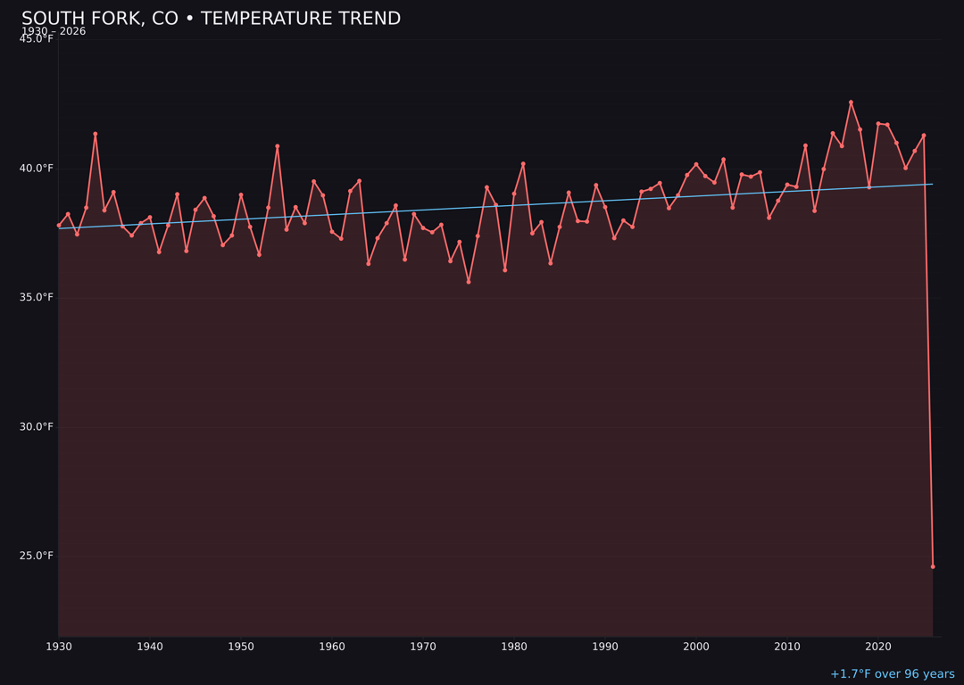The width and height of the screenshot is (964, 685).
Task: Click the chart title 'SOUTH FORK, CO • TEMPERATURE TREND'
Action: tap(211, 19)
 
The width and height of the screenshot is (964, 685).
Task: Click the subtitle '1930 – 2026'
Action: tap(54, 31)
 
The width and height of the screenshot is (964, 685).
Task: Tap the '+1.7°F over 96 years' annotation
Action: tap(892, 674)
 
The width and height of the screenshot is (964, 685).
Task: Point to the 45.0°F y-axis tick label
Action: tap(37, 39)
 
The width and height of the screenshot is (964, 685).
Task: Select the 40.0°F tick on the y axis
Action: tap(37, 169)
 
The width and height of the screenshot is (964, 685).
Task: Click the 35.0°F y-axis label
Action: tap(37, 297)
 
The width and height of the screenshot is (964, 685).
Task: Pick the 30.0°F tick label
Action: tap(37, 426)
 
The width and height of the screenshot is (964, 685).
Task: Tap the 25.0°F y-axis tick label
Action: tap(37, 556)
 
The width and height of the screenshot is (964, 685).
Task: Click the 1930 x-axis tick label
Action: tap(59, 647)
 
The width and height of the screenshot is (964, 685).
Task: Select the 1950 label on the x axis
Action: tap(241, 647)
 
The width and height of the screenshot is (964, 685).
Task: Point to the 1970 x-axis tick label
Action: tap(423, 647)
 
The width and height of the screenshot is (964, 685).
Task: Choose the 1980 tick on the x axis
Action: tap(514, 647)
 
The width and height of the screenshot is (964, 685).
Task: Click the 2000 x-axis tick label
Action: tap(696, 647)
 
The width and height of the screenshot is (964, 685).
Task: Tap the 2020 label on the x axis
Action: tap(878, 647)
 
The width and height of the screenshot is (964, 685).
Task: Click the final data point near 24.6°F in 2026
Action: tap(933, 566)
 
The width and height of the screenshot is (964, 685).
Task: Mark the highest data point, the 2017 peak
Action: tap(851, 103)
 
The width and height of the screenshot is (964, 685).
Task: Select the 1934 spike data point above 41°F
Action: tap(96, 134)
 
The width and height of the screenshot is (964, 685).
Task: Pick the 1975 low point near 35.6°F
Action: tap(469, 282)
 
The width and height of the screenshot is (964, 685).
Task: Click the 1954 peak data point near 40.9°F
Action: tap(278, 146)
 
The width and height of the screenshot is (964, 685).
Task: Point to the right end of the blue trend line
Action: tap(932, 184)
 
